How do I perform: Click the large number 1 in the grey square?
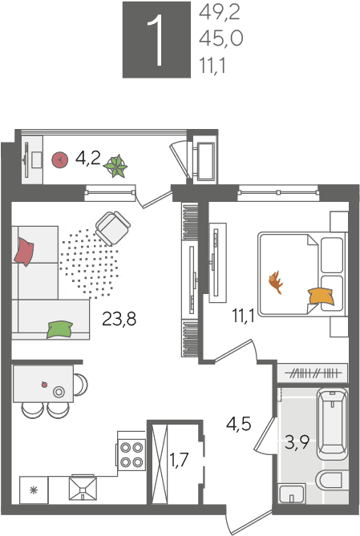[x=156, y=40]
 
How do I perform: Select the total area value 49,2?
[x=220, y=13]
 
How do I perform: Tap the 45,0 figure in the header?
[x=221, y=38]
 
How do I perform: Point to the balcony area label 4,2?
[x=88, y=159]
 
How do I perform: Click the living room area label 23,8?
[x=119, y=319]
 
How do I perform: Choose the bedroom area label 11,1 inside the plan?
[x=243, y=316]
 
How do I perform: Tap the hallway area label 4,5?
[x=238, y=424]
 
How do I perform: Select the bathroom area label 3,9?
[x=297, y=443]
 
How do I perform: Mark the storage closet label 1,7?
[x=179, y=460]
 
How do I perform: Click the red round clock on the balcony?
[x=59, y=159]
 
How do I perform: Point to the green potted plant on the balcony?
[x=116, y=167]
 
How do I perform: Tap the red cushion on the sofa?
[x=23, y=252]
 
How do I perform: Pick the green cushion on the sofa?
[x=60, y=329]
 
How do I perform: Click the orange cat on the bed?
[x=276, y=282]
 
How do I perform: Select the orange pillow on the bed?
[x=321, y=296]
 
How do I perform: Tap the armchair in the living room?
[x=113, y=228]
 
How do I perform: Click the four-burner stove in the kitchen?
[x=131, y=454]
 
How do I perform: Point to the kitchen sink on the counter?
[x=83, y=488]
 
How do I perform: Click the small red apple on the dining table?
[x=44, y=385]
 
